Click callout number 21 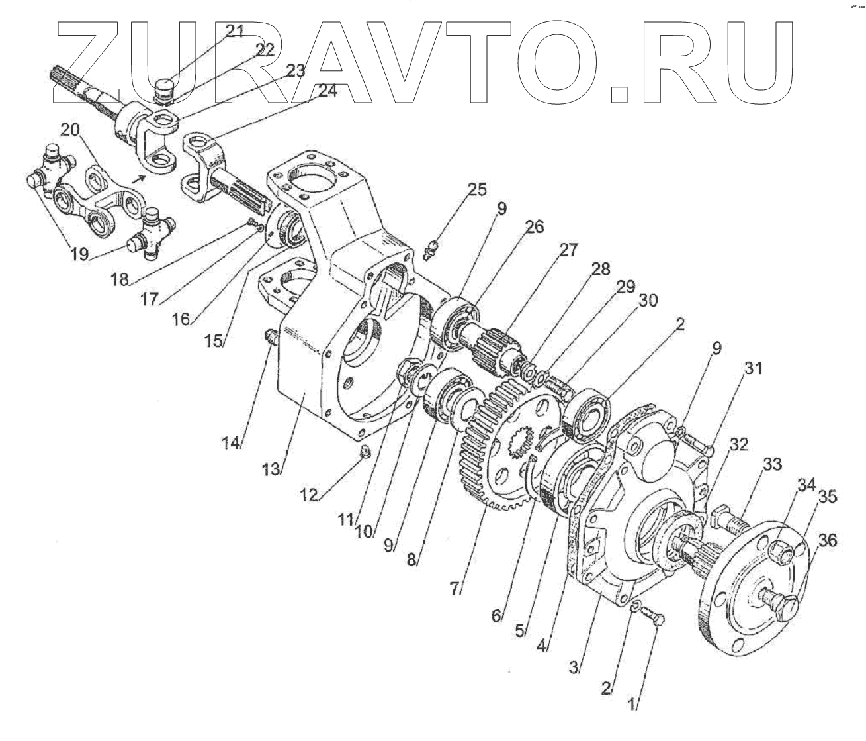point(234,30)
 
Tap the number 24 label point(327,91)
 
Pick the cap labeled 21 point(163,87)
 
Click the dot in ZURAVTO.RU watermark point(619,94)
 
